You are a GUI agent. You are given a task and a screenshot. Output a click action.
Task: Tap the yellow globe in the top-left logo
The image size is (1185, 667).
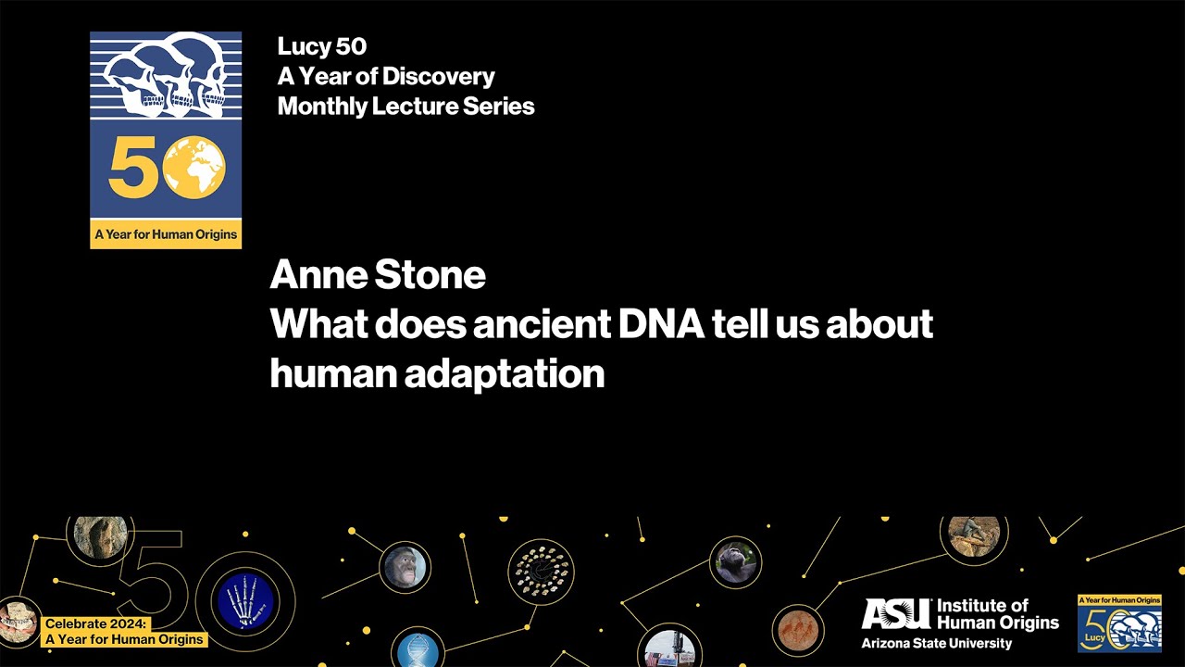(195, 168)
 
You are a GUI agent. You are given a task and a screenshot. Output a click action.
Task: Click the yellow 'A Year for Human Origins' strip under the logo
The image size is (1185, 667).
(166, 234)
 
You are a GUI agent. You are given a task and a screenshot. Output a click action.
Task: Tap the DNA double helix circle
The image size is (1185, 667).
(417, 649)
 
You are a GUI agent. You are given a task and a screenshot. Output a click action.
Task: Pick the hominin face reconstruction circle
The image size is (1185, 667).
(405, 567)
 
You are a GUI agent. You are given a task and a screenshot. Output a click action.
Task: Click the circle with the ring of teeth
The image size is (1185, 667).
(542, 572)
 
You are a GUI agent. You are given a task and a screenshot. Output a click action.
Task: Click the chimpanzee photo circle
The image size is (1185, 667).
(736, 561)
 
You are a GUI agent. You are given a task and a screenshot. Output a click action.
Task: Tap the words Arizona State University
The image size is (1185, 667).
(936, 644)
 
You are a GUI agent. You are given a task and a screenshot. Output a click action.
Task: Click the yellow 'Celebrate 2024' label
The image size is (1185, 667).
(123, 632)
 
